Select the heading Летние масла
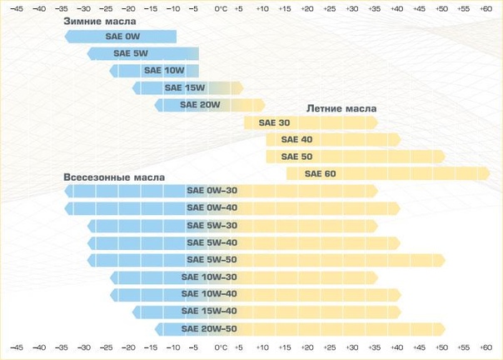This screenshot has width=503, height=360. (x=341, y=108)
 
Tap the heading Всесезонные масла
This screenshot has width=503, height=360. (x=114, y=177)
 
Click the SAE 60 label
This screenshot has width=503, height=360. (x=320, y=173)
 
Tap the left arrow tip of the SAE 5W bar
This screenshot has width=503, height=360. (x=88, y=54)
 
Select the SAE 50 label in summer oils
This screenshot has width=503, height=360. (x=296, y=157)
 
